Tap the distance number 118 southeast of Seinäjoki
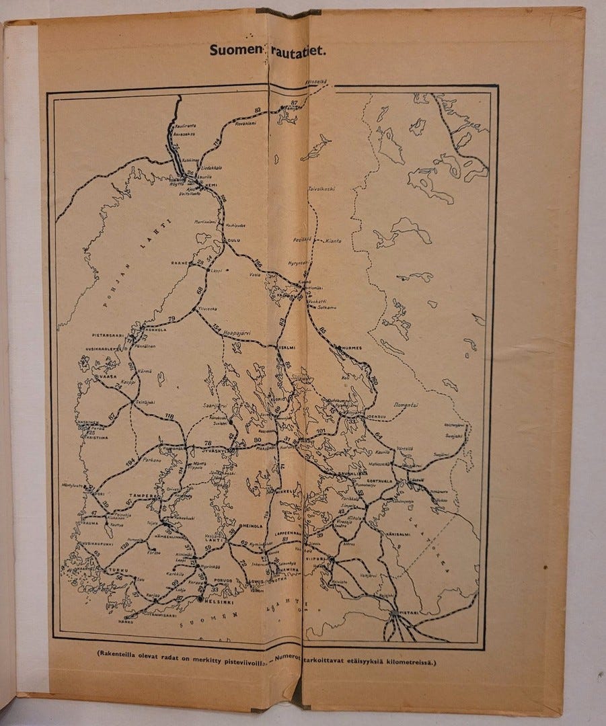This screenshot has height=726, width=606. tap(169, 417)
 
